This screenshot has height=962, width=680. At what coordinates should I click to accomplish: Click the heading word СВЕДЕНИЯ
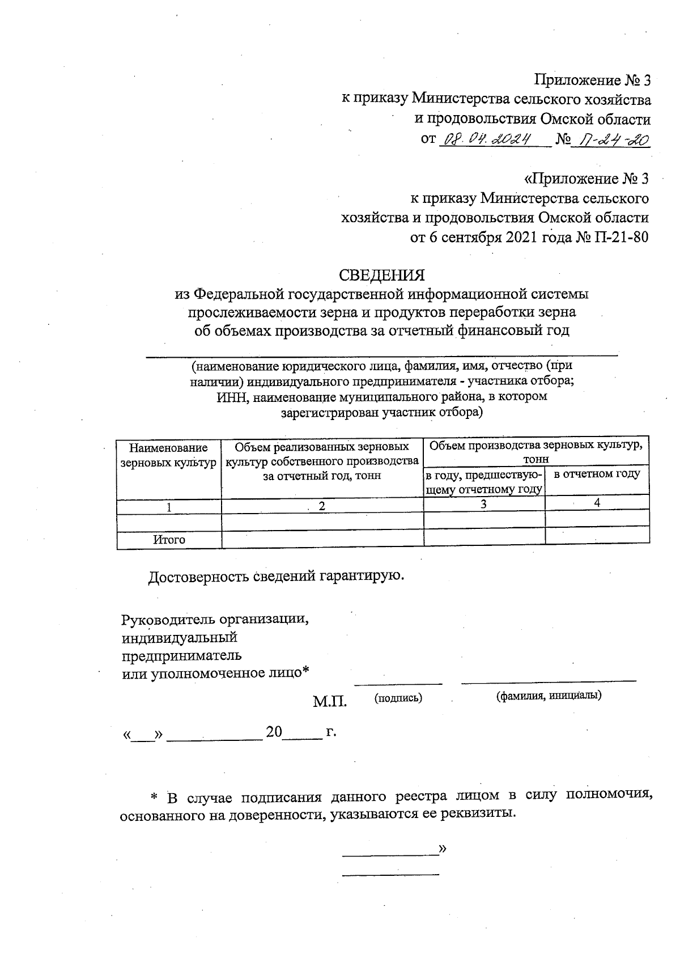pyautogui.click(x=381, y=275)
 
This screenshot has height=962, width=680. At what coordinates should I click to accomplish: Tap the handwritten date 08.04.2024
pyautogui.click(x=487, y=139)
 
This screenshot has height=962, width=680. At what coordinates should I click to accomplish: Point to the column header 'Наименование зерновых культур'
pyautogui.click(x=169, y=456)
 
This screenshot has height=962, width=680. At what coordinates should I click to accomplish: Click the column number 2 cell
pyautogui.click(x=322, y=507)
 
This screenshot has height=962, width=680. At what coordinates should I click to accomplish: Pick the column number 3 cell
pyautogui.click(x=484, y=504)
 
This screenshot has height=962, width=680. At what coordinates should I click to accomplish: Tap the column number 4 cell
pyautogui.click(x=597, y=503)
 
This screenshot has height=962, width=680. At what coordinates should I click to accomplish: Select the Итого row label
pyautogui.click(x=169, y=540)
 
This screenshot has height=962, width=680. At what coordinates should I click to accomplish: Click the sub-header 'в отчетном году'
pyautogui.click(x=597, y=474)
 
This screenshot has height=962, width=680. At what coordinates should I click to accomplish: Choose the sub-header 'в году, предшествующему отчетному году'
pyautogui.click(x=484, y=481)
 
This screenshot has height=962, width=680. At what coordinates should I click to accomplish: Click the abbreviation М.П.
pyautogui.click(x=330, y=702)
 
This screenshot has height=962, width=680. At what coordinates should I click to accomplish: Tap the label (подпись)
pyautogui.click(x=398, y=698)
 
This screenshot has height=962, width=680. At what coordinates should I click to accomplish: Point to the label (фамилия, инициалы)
pyautogui.click(x=549, y=696)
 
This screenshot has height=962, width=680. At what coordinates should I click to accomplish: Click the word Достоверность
pyautogui.click(x=199, y=577)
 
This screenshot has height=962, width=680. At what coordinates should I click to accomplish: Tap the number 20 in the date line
pyautogui.click(x=274, y=732)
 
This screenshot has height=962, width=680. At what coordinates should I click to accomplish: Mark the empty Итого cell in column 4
pyautogui.click(x=597, y=536)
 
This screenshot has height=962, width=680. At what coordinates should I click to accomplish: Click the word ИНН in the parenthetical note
pyautogui.click(x=229, y=397)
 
